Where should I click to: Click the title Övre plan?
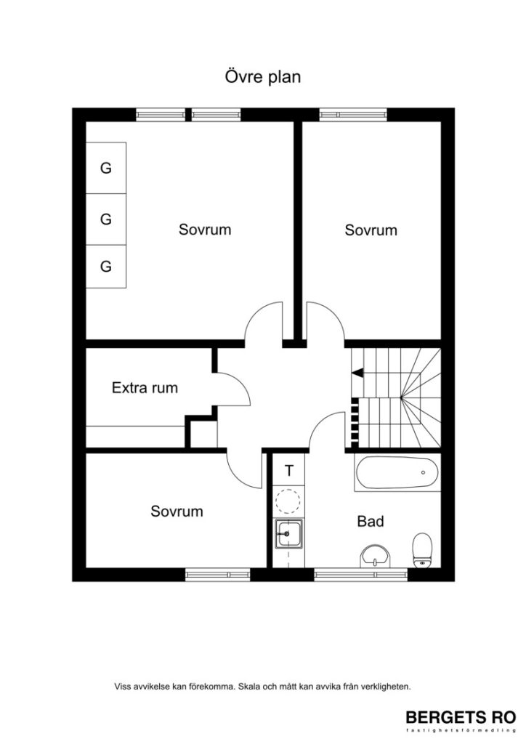(x=262, y=77)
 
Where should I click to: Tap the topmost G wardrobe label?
(x=106, y=169)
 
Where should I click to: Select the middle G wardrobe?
(x=106, y=218)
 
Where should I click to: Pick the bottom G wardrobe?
(x=106, y=267)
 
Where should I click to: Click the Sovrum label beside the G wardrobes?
(x=205, y=230)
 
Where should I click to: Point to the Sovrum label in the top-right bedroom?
(x=371, y=230)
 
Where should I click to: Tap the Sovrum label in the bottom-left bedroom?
(x=177, y=511)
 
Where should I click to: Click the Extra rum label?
(x=145, y=388)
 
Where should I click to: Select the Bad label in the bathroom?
(x=370, y=522)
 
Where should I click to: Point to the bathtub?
(x=397, y=473)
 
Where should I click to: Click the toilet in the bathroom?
(x=421, y=549)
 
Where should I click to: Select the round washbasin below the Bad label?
(x=375, y=556)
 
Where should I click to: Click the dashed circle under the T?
(x=288, y=501)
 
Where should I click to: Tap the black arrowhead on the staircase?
(x=357, y=373)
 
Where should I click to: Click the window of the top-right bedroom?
(x=353, y=114)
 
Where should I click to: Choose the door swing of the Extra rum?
(x=230, y=379)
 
